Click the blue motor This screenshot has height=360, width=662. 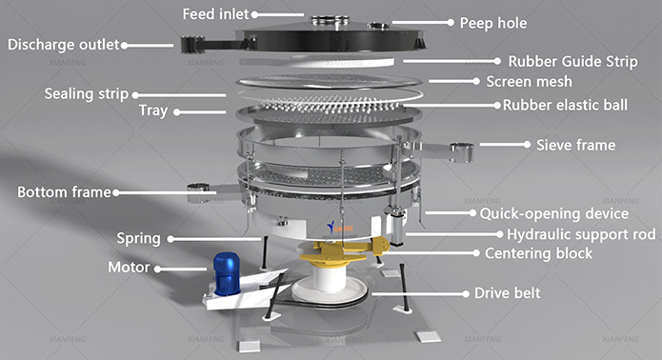tap(227, 273)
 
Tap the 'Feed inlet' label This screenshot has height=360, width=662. tap(215, 14)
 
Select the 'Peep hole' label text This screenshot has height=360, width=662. tap(493, 23)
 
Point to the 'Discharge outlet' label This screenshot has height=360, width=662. tap(63, 45)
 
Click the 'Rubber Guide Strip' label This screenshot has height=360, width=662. tap(572, 62)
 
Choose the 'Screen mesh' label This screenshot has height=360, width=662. tap(529, 82)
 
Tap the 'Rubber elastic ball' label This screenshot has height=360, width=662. tap(565, 105)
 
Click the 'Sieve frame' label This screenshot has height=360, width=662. tap(576, 145)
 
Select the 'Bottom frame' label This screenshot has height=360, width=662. tap(64, 192)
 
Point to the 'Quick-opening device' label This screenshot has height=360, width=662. tap(554, 213)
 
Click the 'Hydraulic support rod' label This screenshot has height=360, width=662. tap(581, 234)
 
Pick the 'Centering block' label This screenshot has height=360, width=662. tap(538, 253)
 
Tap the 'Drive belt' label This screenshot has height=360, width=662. tap(507, 293)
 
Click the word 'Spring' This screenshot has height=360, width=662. tap(138, 239)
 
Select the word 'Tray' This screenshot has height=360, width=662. tap(153, 111)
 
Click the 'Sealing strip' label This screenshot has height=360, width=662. tap(86, 94)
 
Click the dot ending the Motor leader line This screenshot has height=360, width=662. tap(157, 269)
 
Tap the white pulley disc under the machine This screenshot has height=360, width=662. tap(331, 291)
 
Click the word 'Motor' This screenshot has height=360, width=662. tap(129, 268)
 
